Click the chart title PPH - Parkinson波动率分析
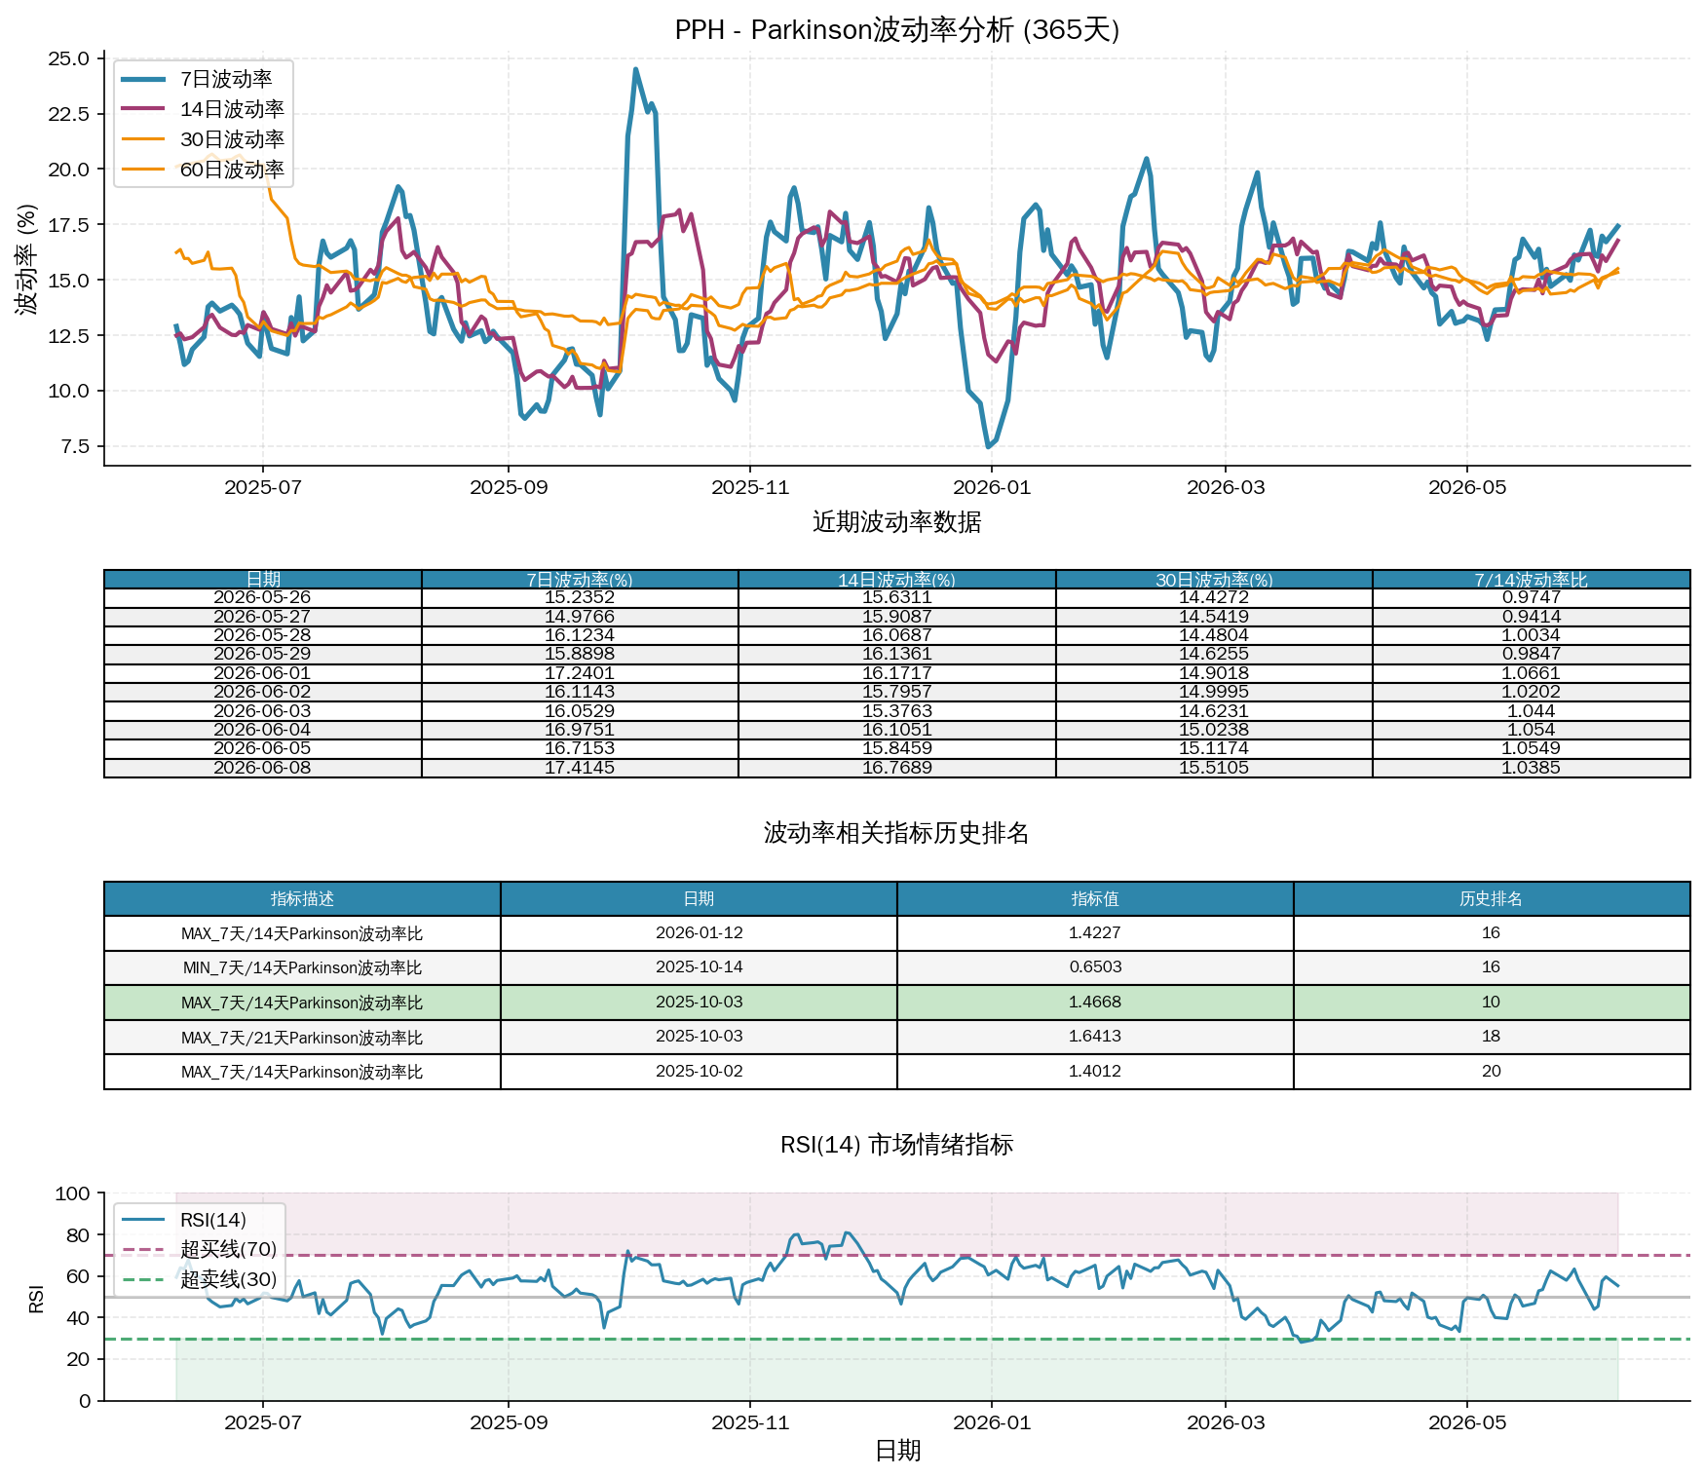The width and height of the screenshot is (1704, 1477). point(844,30)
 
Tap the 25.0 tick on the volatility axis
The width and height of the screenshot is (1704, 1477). point(68,58)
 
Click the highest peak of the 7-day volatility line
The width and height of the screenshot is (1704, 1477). point(635,69)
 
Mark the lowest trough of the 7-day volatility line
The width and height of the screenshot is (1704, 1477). point(988,447)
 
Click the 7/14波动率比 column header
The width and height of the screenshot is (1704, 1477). point(1531,580)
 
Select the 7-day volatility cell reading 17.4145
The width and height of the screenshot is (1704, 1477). point(580,768)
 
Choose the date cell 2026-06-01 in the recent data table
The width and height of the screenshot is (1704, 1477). point(262,673)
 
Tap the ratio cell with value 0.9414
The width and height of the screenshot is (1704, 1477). point(1531,617)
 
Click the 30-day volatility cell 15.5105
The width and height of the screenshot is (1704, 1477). point(1214,768)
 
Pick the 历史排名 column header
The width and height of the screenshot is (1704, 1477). point(1491,898)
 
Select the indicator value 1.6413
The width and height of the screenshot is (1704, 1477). point(1095,1037)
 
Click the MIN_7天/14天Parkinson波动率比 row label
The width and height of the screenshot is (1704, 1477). point(302,967)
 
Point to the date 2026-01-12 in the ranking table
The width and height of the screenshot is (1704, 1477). point(699,932)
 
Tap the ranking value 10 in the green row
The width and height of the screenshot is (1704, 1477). point(1491,1002)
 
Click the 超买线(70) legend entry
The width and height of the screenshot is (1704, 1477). point(229,1250)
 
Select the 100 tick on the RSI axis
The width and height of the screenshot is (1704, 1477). point(73,1193)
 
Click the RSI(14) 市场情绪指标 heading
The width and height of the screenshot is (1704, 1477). point(896,1145)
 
